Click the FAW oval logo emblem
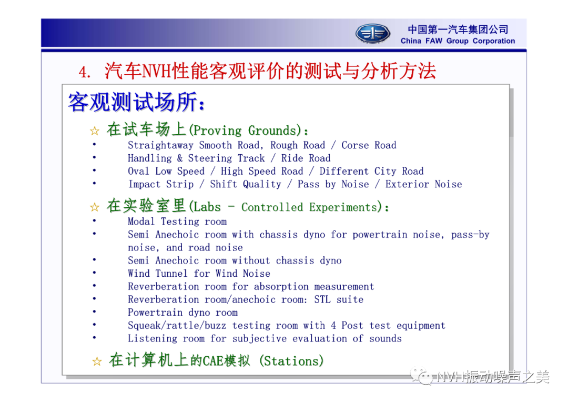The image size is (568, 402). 372,34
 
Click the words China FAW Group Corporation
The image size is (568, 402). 458,41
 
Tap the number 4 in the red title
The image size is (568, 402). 83,72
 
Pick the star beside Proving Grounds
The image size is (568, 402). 95,130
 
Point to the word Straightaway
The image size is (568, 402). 160,145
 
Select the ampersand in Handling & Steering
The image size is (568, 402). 180,158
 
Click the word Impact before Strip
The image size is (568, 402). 144,184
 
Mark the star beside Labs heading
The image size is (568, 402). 95,207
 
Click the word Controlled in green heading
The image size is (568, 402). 272,207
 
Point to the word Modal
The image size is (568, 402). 141,222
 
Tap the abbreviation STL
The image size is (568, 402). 322,299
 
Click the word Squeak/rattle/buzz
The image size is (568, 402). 177,326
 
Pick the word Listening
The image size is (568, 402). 153,338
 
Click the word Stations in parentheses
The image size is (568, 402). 291,361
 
